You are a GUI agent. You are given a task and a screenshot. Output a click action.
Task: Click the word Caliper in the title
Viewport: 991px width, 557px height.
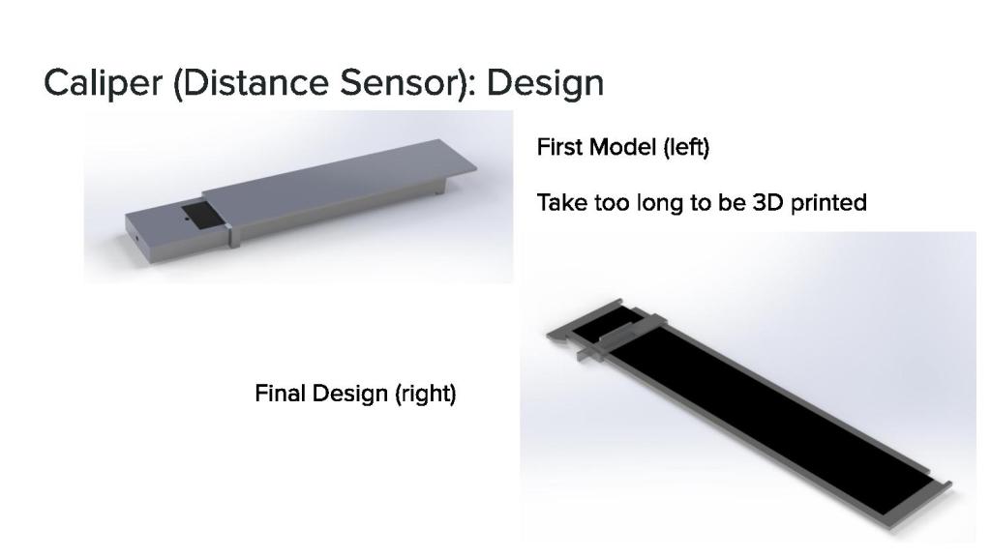103,83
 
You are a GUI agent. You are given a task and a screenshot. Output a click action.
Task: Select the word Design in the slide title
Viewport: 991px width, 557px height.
546,83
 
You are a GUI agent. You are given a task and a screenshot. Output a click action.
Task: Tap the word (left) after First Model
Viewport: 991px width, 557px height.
686,148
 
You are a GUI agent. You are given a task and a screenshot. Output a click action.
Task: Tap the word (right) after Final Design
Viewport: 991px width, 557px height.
426,395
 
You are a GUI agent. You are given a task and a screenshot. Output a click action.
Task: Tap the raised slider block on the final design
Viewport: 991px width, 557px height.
621,336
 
